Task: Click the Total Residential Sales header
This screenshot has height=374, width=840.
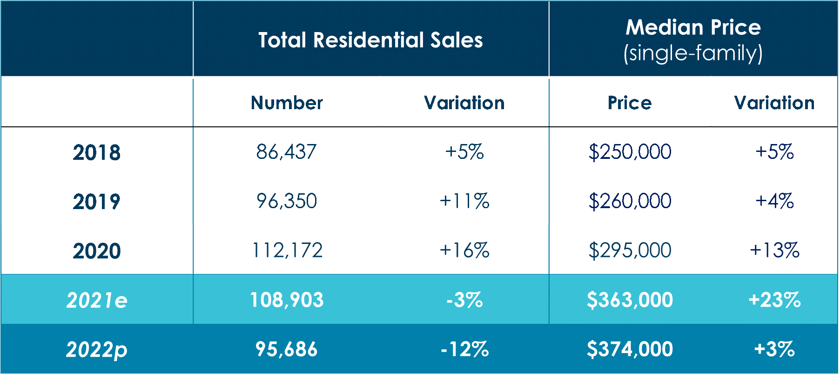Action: click(370, 40)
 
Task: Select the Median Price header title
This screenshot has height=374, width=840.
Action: click(693, 27)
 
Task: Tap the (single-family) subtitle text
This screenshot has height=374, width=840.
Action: click(693, 53)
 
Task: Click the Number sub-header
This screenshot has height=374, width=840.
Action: click(287, 103)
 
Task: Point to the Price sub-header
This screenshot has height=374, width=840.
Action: click(630, 103)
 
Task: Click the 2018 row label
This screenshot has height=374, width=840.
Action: click(97, 152)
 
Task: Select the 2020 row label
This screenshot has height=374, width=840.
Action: click(97, 251)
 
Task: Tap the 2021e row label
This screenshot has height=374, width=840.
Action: click(97, 300)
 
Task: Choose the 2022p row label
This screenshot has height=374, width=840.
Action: click(97, 349)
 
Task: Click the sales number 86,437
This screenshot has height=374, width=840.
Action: click(287, 152)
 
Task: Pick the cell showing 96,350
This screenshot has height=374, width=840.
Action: click(287, 201)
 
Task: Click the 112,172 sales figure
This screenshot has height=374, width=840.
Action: click(287, 250)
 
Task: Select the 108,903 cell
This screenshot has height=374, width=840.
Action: click(287, 300)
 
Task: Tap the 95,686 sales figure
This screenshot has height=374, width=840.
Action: click(287, 349)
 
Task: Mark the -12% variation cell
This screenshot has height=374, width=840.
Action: click(464, 349)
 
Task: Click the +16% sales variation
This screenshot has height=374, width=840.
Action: click(464, 250)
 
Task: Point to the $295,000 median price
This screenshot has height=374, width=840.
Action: click(630, 250)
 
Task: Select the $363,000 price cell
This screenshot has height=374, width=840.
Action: click(630, 300)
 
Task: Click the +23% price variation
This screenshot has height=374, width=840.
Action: click(774, 300)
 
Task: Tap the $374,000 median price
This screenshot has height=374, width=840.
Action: click(630, 349)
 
